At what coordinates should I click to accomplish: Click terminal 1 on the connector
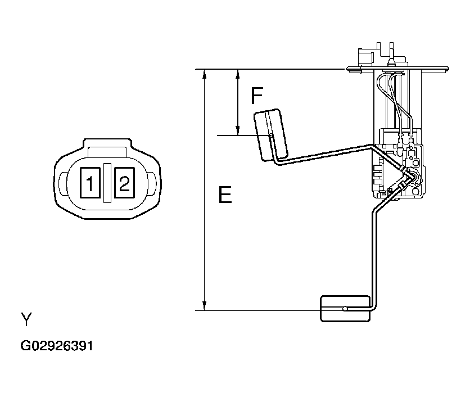point(89,182)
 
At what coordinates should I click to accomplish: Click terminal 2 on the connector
point(124,182)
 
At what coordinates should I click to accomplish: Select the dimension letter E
point(224,196)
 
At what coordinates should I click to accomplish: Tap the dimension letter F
point(256,96)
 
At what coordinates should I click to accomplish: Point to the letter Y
point(26,320)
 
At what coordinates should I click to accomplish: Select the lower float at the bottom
point(345,309)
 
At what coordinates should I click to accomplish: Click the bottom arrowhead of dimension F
point(238,130)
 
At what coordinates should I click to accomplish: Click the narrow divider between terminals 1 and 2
point(107,182)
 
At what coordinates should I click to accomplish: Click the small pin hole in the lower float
point(344,308)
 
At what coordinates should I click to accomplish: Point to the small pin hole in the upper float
point(271,135)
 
